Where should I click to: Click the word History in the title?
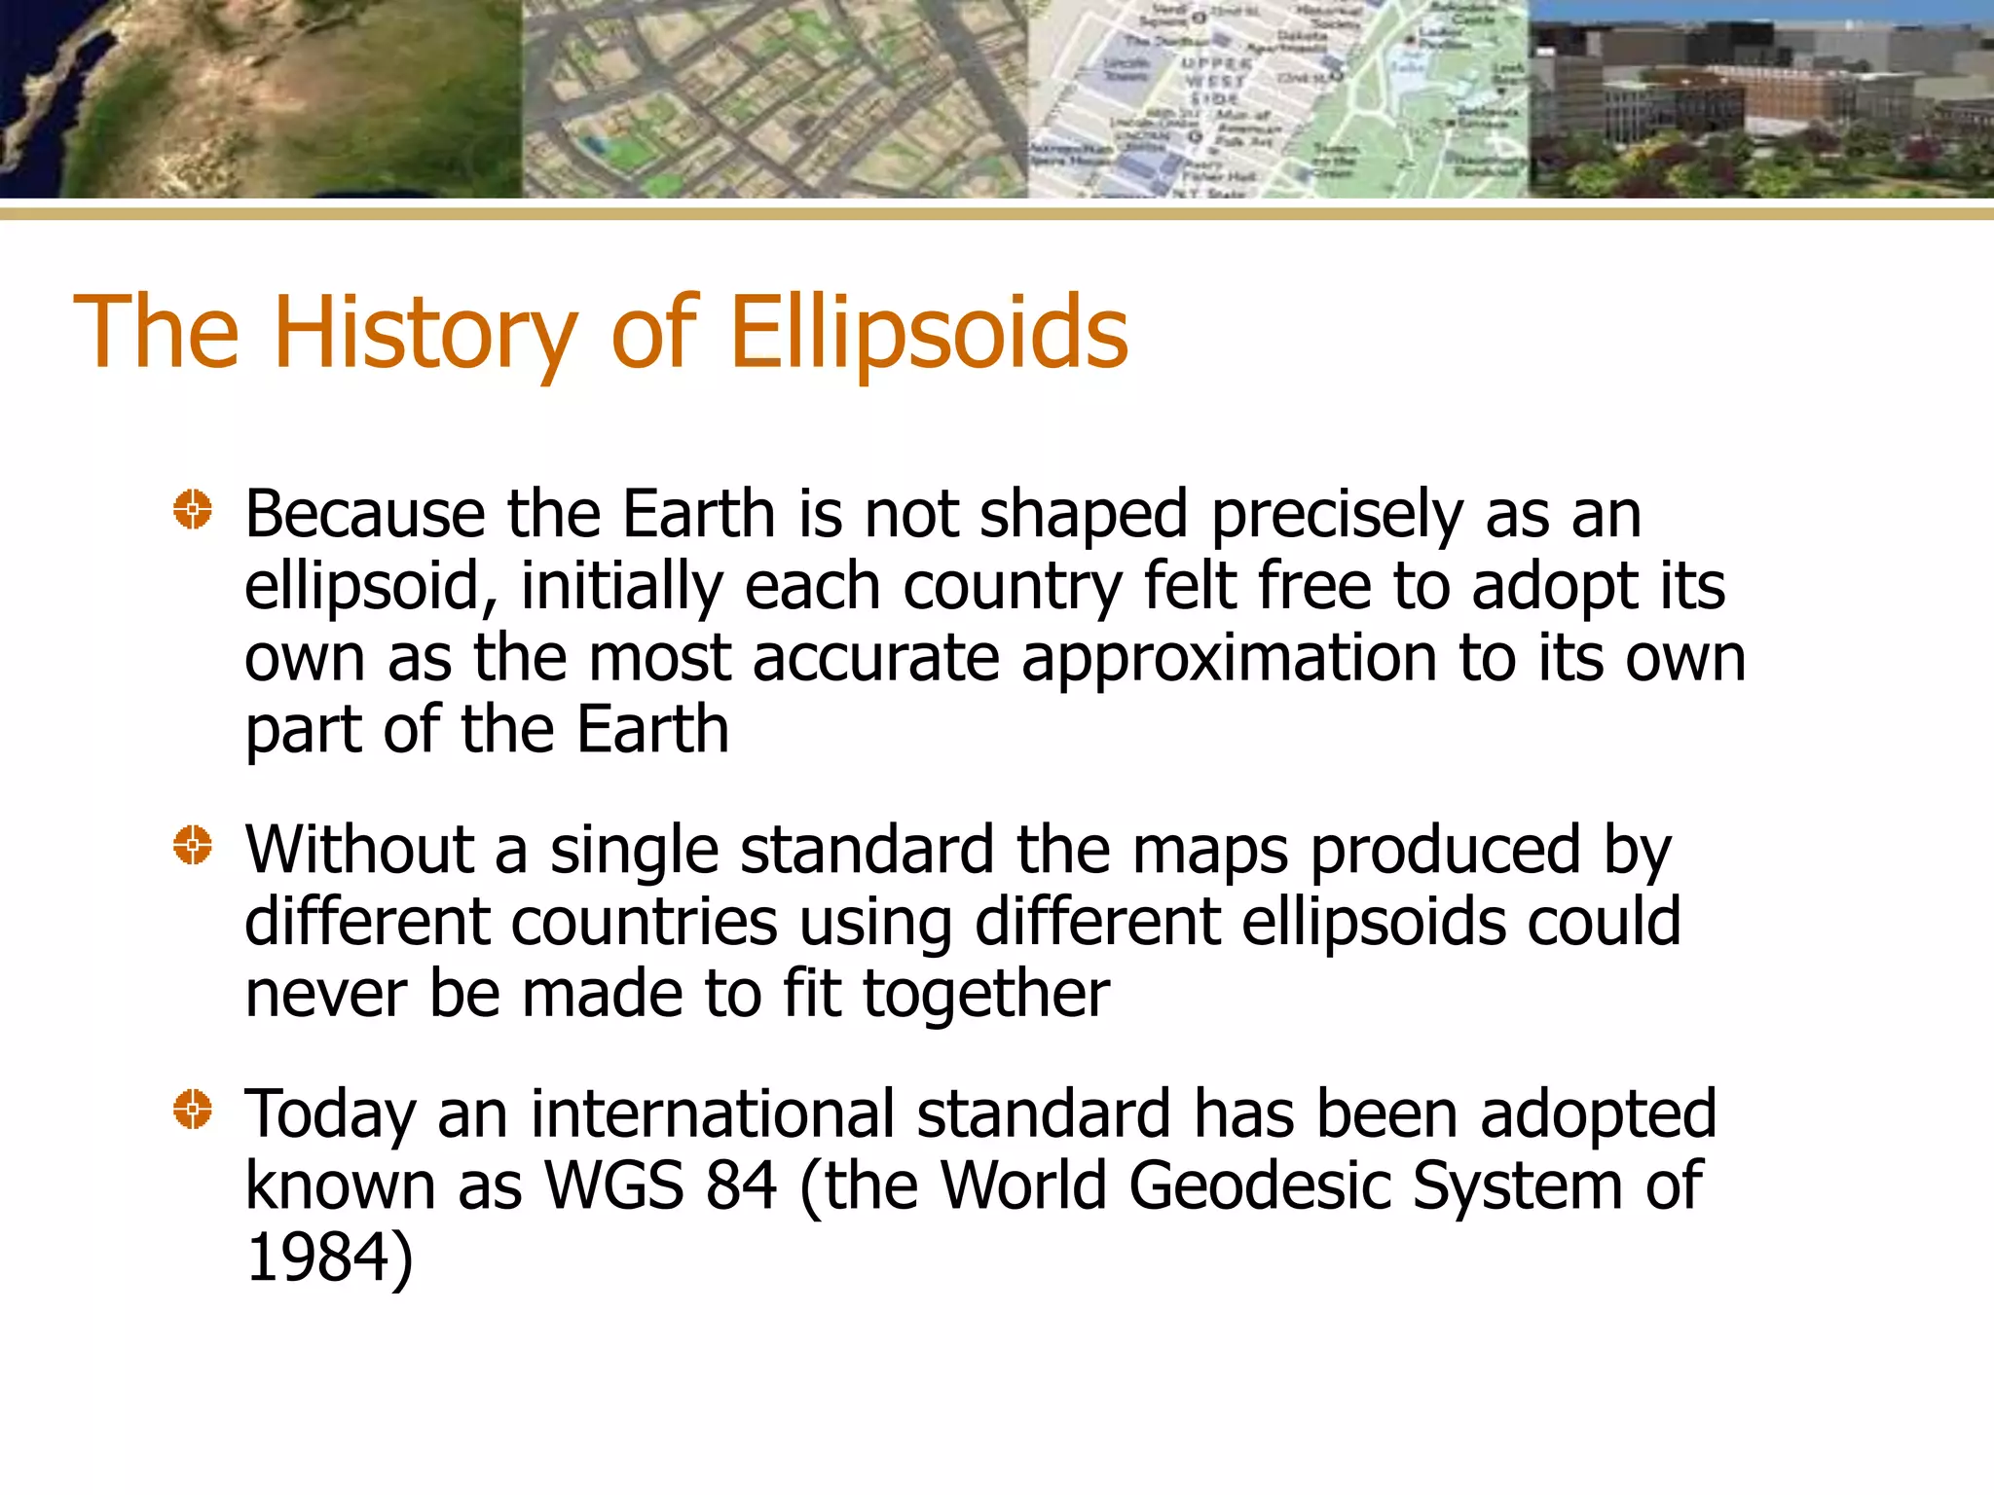(x=425, y=333)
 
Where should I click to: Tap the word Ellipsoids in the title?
(x=929, y=333)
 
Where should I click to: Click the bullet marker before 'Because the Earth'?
(x=193, y=509)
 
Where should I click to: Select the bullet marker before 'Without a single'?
(x=193, y=844)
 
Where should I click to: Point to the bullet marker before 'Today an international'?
(x=193, y=1109)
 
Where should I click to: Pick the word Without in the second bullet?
(x=358, y=850)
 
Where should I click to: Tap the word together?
(x=985, y=995)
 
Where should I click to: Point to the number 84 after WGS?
(x=742, y=1185)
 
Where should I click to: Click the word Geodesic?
(x=1259, y=1186)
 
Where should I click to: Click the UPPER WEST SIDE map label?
(x=1214, y=80)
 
